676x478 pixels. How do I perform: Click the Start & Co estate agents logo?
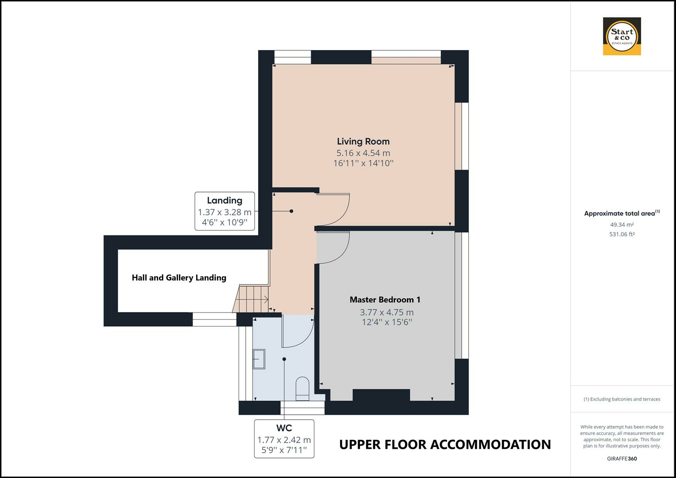pos(622,36)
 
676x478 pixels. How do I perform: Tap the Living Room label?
pos(363,141)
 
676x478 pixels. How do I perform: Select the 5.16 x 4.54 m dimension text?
pos(363,153)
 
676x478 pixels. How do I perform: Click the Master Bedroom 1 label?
pos(385,300)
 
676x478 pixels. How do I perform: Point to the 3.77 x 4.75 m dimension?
pos(386,312)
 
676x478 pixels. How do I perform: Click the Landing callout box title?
pos(224,200)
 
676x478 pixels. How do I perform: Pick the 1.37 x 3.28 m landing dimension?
pos(224,212)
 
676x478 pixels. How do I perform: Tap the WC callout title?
pos(284,428)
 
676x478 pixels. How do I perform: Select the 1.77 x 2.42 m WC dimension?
pos(284,440)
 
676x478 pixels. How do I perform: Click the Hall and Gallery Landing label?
pos(179,278)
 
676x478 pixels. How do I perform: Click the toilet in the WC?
pos(302,389)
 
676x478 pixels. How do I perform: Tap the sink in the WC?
pos(259,359)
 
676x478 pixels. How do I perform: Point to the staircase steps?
pos(251,298)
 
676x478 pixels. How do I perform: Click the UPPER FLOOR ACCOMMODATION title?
pos(445,444)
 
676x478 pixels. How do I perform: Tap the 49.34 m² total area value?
pos(622,224)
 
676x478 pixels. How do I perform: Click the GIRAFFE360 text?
pos(622,459)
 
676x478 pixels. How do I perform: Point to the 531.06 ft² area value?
pos(622,234)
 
